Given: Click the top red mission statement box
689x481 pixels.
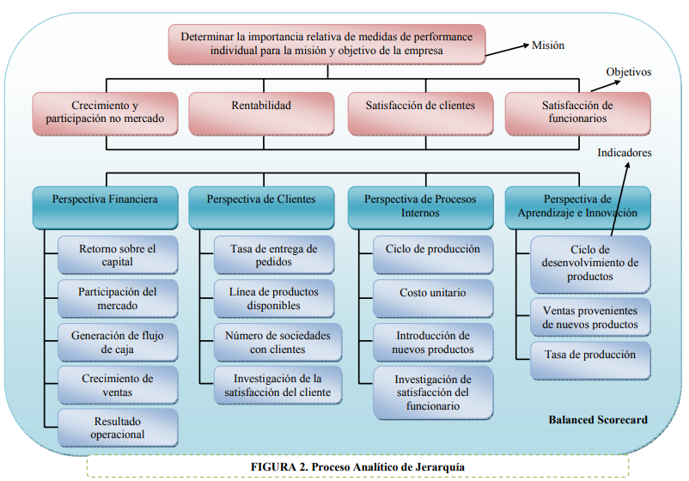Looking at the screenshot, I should click(x=326, y=45).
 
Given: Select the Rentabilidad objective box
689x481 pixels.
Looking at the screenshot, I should click(x=261, y=113).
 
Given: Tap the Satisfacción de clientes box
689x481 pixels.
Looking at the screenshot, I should click(x=420, y=113).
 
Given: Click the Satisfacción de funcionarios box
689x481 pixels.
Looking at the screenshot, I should click(x=576, y=113).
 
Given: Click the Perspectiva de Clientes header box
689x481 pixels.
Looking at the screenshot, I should click(x=261, y=206).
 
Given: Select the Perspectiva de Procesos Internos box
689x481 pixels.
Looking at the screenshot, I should click(x=420, y=206).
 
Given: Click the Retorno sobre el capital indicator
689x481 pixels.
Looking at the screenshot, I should click(x=118, y=255).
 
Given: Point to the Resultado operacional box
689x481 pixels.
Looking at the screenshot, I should click(x=118, y=428).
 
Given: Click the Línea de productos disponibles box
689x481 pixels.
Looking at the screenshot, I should click(x=274, y=299).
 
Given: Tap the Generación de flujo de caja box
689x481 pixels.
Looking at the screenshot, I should click(x=118, y=342).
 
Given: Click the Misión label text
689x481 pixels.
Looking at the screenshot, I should click(x=549, y=46).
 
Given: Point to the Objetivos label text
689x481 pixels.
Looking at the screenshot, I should click(x=628, y=73).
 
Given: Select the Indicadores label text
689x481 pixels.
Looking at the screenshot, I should click(x=625, y=153).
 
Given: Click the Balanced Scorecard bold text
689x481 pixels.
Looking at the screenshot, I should click(x=598, y=420).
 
